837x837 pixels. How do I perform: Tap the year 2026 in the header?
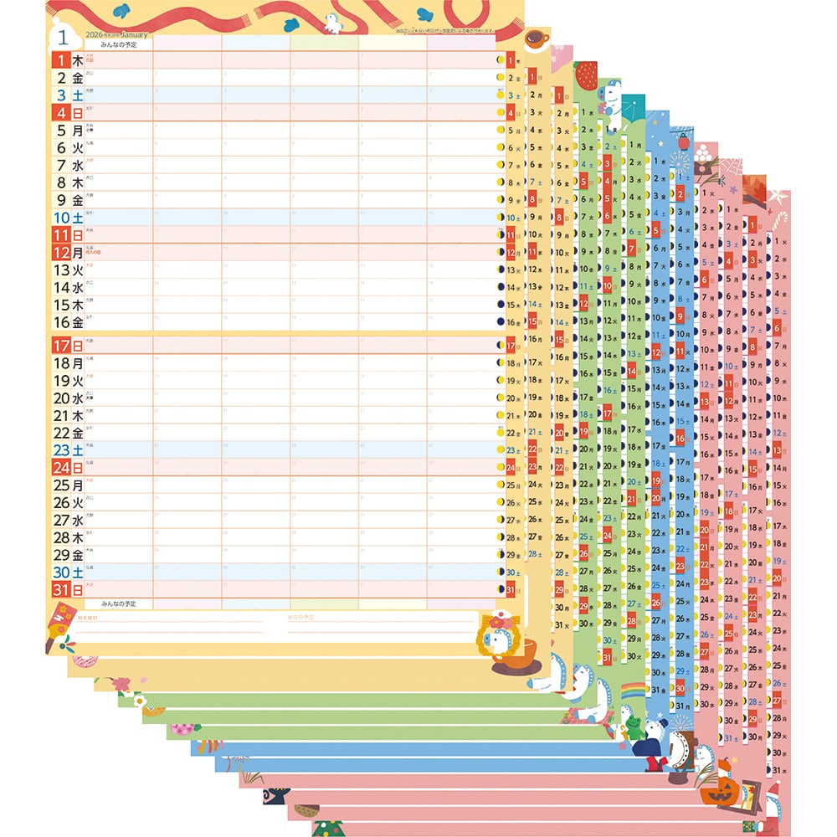coord(94,35)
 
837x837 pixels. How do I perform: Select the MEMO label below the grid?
coord(87,617)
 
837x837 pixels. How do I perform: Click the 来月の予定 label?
coord(300,617)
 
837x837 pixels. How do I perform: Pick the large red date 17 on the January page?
coord(60,345)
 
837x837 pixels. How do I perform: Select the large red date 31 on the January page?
coord(60,589)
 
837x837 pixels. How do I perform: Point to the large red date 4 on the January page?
coord(60,112)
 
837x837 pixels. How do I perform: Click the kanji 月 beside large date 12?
coord(78,252)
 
